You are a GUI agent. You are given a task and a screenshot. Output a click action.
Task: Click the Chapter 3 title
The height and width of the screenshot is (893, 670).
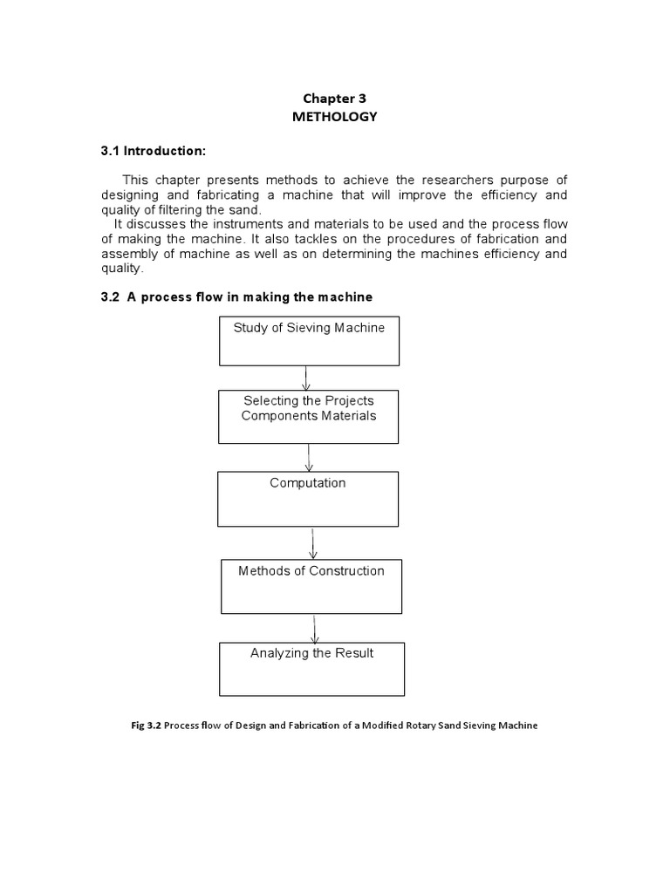tap(334, 99)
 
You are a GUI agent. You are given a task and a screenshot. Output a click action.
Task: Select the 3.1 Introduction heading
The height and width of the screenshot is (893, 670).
tap(154, 151)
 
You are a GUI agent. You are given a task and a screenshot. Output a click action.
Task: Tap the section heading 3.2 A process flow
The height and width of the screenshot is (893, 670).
tap(236, 297)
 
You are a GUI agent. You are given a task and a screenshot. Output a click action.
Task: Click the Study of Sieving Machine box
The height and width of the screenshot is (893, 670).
tap(309, 340)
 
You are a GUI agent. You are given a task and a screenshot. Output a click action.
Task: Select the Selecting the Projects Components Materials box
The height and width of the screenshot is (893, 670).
tap(309, 416)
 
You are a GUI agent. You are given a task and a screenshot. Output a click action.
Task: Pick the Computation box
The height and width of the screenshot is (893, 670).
tap(308, 499)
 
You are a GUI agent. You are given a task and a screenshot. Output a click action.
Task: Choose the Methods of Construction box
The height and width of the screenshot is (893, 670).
tap(311, 586)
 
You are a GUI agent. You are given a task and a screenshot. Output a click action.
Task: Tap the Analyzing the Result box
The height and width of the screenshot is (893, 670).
tap(311, 669)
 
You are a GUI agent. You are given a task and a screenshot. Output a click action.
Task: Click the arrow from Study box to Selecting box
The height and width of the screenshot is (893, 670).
tap(306, 378)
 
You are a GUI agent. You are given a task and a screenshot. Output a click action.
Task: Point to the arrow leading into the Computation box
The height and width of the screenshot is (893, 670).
tap(309, 457)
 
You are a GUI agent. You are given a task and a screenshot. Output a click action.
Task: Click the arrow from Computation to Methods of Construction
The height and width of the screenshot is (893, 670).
tap(313, 542)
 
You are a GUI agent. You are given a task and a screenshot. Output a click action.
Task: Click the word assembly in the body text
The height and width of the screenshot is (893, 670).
tap(130, 255)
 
